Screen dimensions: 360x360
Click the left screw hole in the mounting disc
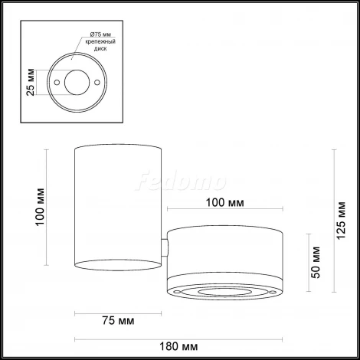(57, 80)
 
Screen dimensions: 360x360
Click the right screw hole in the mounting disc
(98, 80)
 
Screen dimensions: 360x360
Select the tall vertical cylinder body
(118, 207)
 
